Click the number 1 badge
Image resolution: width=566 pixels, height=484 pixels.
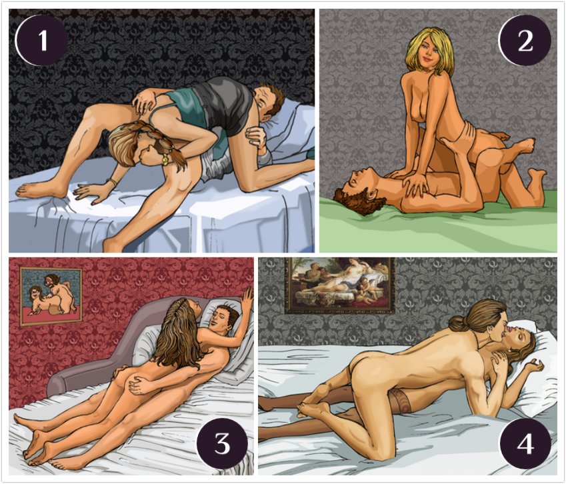[x=41, y=41]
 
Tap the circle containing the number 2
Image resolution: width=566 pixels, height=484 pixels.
[x=525, y=41]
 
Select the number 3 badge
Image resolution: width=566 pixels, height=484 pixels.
[x=223, y=443]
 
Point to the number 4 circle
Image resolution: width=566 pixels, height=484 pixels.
[x=525, y=443]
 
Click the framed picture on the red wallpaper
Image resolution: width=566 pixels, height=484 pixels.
[x=51, y=296]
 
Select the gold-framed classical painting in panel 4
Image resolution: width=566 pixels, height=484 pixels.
[x=340, y=285]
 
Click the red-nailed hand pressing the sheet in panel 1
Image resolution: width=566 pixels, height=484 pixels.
[x=89, y=193]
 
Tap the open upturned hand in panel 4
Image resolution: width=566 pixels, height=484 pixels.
[x=533, y=368]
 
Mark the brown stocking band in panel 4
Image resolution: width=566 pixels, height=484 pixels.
[x=401, y=401]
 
